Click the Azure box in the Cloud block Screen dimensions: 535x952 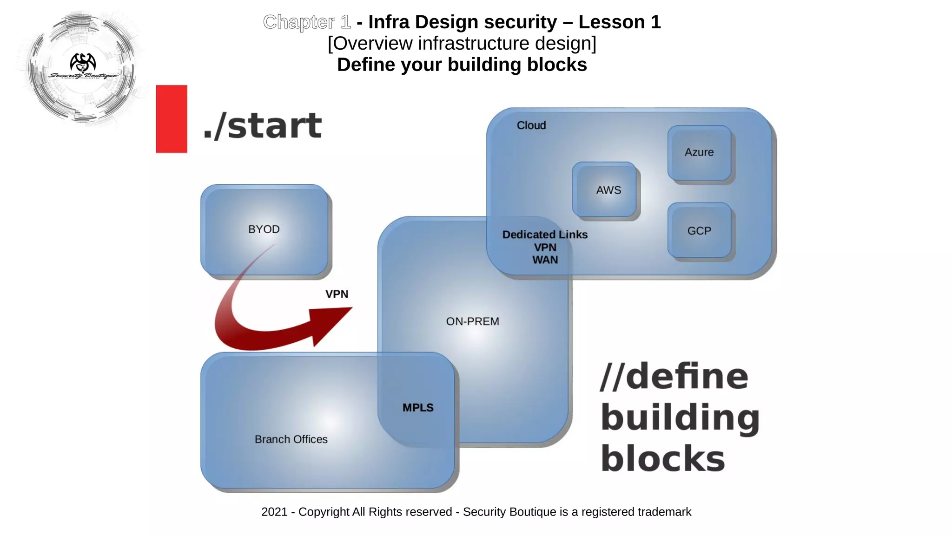tap(699, 152)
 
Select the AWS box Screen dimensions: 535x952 tap(604, 190)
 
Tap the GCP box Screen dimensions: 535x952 tap(699, 231)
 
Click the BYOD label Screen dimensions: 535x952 tap(264, 229)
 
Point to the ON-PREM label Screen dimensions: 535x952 tap(472, 321)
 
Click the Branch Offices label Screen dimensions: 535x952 tap(291, 439)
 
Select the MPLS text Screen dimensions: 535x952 tap(417, 408)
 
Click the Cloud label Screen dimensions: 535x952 tap(531, 125)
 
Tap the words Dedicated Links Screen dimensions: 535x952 tap(545, 235)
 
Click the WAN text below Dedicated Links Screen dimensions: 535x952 tap(545, 260)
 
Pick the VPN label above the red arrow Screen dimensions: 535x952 tap(337, 294)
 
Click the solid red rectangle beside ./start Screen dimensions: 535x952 tap(172, 119)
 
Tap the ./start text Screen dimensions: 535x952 tap(262, 126)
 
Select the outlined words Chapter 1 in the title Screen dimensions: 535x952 tap(307, 22)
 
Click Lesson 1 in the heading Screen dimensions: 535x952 tap(619, 22)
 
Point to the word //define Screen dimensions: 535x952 tap(674, 376)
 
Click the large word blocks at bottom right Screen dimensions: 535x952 tap(662, 459)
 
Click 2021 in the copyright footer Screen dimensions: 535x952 tap(274, 512)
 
